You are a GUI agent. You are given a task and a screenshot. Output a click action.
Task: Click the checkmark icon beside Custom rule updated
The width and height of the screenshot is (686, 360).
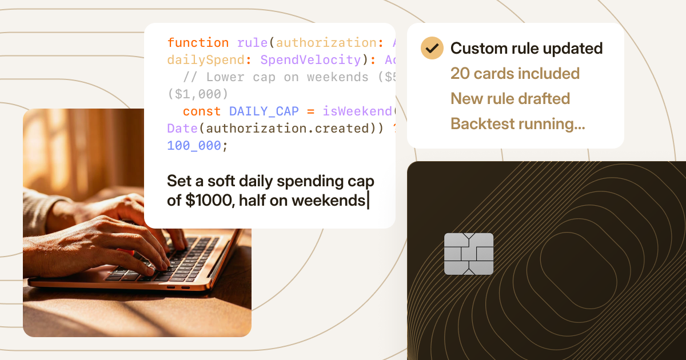pyautogui.click(x=432, y=48)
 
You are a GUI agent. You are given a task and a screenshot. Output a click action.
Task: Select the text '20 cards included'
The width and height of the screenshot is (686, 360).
pyautogui.click(x=515, y=74)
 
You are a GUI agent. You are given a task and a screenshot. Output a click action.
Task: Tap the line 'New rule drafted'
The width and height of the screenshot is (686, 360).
pyautogui.click(x=510, y=99)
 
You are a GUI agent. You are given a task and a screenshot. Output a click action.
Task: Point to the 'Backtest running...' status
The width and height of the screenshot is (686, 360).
pyautogui.click(x=517, y=124)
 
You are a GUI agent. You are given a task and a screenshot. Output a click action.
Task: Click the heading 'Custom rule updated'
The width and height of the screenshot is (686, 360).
pyautogui.click(x=527, y=49)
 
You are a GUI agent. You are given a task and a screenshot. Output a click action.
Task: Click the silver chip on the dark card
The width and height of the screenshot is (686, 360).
pyautogui.click(x=469, y=254)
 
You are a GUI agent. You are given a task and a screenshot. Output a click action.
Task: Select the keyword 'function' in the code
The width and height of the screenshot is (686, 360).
pyautogui.click(x=198, y=43)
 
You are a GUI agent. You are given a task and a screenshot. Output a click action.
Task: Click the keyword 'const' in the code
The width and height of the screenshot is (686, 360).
pyautogui.click(x=202, y=111)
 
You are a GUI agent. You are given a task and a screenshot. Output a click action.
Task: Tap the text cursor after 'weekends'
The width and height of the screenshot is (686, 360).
pyautogui.click(x=368, y=201)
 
